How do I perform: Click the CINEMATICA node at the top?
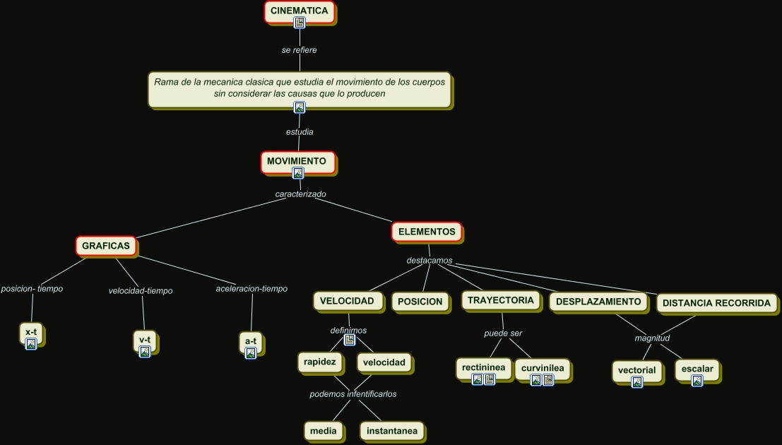(299, 11)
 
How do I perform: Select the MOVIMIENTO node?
(296, 161)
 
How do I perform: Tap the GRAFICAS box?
(105, 246)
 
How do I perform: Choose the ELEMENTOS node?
(427, 231)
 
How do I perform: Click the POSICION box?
(420, 302)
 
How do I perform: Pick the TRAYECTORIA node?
(500, 300)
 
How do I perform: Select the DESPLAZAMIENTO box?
(598, 302)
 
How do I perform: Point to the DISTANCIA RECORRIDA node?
(716, 303)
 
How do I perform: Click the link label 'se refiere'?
(299, 50)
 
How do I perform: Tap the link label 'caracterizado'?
(300, 194)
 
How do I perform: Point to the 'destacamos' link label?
(429, 261)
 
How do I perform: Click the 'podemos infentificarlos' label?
(353, 394)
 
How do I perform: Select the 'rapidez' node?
(321, 362)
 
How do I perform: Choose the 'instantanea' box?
(392, 430)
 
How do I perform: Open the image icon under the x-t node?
(31, 344)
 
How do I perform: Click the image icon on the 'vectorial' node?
(637, 382)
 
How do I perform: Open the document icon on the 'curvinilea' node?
(548, 380)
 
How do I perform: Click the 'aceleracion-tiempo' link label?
(251, 289)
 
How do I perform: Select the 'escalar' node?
(697, 369)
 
